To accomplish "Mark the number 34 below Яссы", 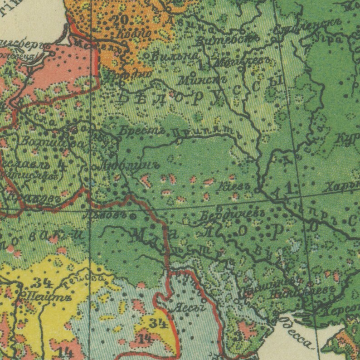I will [158, 323].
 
